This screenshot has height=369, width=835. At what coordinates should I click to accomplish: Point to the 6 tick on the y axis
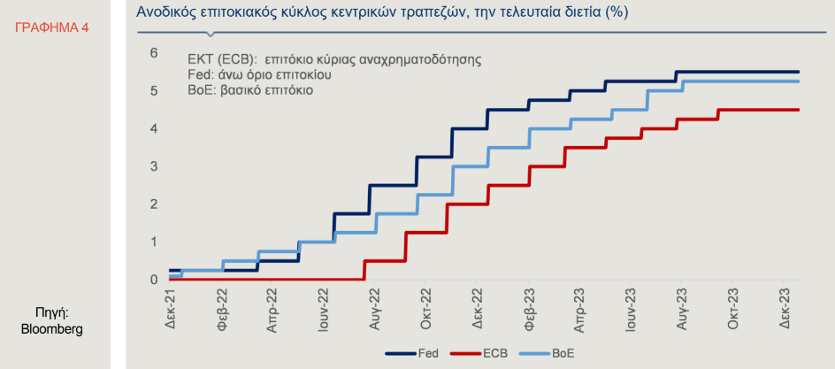coord(154,53)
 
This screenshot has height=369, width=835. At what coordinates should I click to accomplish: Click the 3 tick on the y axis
coord(154,166)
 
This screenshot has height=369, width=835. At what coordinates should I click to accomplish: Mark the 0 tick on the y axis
coord(154,281)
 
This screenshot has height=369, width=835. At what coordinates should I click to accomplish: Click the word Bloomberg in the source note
coord(51,329)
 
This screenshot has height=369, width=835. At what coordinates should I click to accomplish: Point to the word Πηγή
coord(51,312)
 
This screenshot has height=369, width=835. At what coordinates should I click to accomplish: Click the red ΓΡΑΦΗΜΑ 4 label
coord(51,27)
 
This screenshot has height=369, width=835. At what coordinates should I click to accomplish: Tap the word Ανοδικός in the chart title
coord(162,12)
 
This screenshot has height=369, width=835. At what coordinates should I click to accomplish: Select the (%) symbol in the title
coord(617,12)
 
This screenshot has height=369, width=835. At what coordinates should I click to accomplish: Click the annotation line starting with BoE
coord(250,90)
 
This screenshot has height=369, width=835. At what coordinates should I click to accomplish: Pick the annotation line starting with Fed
coord(260,75)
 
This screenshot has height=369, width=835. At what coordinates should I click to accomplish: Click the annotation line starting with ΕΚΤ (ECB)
coord(334,59)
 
